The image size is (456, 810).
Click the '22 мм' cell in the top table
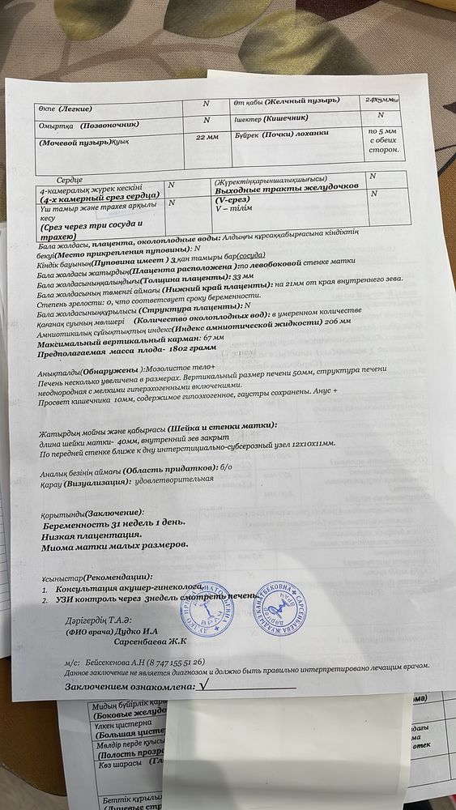pos(208,138)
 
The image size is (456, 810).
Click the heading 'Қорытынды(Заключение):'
pos(92,514)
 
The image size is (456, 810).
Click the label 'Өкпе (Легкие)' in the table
pos(66,109)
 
